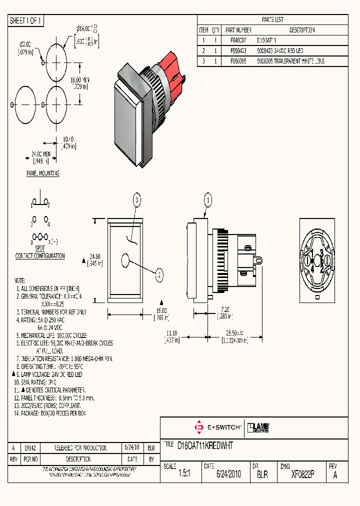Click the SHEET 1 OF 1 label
point(26,21)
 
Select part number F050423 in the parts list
point(237,51)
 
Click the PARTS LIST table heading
point(272,19)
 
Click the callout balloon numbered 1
point(207,200)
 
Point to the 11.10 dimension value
point(171,332)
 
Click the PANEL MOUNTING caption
point(43,173)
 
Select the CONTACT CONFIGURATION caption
point(40,256)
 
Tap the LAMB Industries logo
point(259,427)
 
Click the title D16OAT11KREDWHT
point(205,444)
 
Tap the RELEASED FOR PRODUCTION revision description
point(80,448)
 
